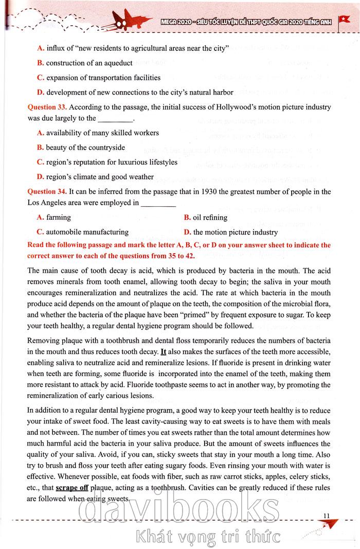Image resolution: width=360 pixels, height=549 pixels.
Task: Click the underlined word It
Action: pos(164,352)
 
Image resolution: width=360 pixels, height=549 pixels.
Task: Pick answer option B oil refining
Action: pos(206,218)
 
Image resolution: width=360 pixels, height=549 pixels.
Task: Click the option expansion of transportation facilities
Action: pos(99,78)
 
